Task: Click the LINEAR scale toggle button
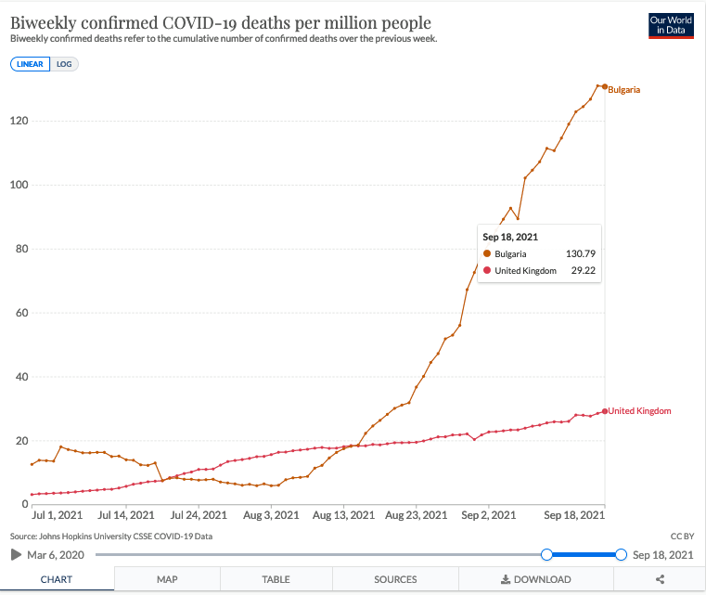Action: tap(30, 64)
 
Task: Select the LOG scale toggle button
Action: tap(64, 64)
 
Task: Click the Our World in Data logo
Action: tap(672, 26)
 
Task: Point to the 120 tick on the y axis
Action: tap(19, 121)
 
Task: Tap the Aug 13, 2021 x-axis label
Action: tap(344, 514)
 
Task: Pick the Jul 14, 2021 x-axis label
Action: tap(127, 514)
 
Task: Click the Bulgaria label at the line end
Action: tap(624, 89)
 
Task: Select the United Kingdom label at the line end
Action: tap(639, 410)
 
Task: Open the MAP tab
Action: tap(167, 579)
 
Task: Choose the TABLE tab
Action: tap(276, 579)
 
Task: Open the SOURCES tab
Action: tap(395, 579)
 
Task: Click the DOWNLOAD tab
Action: tap(535, 579)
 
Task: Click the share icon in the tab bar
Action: tap(661, 579)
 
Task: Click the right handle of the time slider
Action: tap(621, 554)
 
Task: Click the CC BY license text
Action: tap(682, 537)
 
